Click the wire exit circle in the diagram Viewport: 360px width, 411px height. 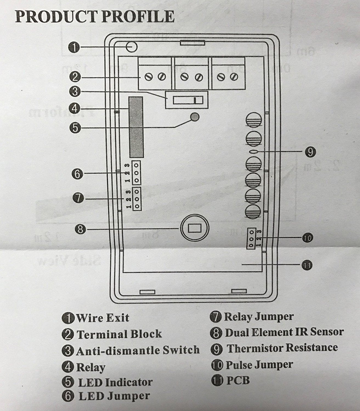pos(132,47)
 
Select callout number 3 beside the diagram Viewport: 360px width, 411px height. pos(74,92)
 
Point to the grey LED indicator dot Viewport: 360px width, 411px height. pos(195,117)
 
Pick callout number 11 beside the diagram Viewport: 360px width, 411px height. pos(307,265)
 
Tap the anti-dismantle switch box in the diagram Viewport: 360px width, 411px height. pos(187,100)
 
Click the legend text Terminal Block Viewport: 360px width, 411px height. pos(119,334)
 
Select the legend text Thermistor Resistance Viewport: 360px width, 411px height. pos(282,348)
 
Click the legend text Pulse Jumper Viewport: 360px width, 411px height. pos(259,365)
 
